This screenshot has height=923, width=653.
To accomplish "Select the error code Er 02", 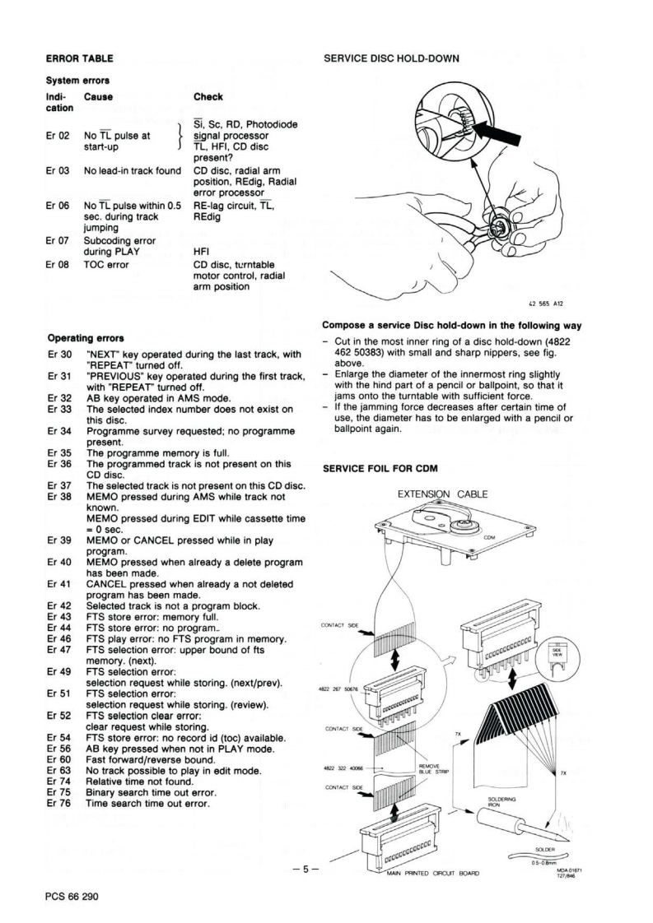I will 55,137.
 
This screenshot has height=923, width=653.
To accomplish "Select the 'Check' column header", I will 208,97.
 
